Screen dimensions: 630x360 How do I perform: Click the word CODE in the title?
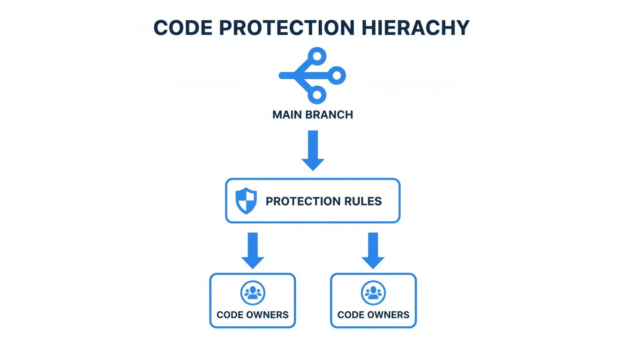[x=183, y=28]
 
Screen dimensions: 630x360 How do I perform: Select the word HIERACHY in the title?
[x=415, y=28]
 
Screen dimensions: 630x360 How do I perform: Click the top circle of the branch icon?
[x=317, y=56]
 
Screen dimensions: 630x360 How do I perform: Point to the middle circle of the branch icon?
[x=337, y=75]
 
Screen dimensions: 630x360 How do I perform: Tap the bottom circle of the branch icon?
[x=317, y=95]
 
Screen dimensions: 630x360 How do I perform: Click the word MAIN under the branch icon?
[x=287, y=115]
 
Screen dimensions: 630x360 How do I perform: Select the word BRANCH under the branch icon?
[x=329, y=115]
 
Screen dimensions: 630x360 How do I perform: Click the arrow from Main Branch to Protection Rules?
[x=313, y=150]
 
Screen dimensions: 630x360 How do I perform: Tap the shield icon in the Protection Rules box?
[x=246, y=201]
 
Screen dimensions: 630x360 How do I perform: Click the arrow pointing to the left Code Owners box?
[x=253, y=251]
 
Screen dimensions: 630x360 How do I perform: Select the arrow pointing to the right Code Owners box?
[x=373, y=251]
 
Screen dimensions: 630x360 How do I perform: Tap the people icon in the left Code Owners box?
[x=253, y=293]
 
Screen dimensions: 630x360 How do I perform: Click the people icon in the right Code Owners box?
[x=373, y=293]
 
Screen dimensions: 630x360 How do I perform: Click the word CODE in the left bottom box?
[x=230, y=315]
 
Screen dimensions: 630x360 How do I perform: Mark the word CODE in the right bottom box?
[x=351, y=315]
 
